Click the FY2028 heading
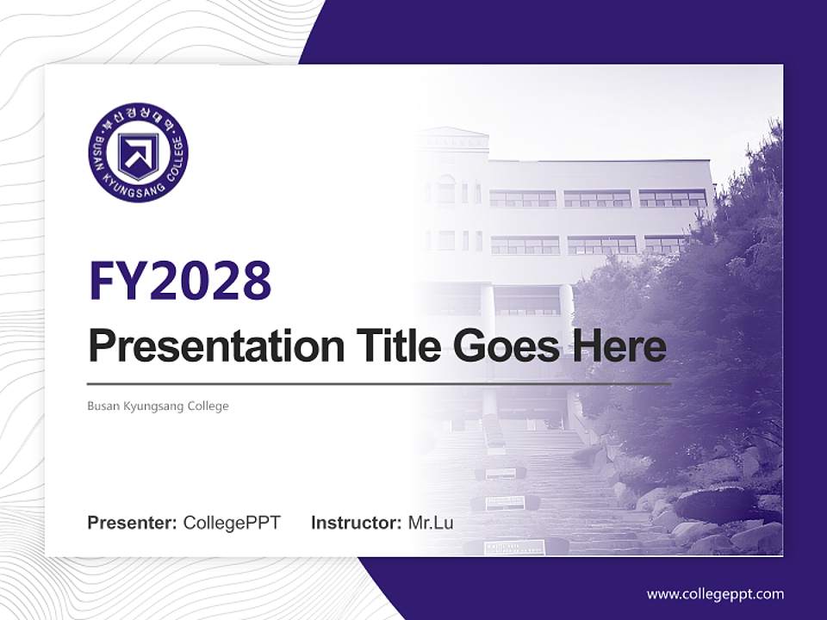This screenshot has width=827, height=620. [x=180, y=280]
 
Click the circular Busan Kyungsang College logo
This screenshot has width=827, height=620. [x=138, y=152]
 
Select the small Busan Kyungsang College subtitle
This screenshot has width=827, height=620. [x=158, y=406]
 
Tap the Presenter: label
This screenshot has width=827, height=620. [x=132, y=523]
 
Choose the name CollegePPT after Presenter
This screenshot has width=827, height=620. [x=232, y=523]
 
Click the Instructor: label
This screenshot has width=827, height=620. [x=356, y=523]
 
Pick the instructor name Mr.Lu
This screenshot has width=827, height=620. [x=431, y=523]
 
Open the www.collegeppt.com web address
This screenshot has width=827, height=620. [x=715, y=593]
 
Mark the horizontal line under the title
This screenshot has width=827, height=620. [x=379, y=383]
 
